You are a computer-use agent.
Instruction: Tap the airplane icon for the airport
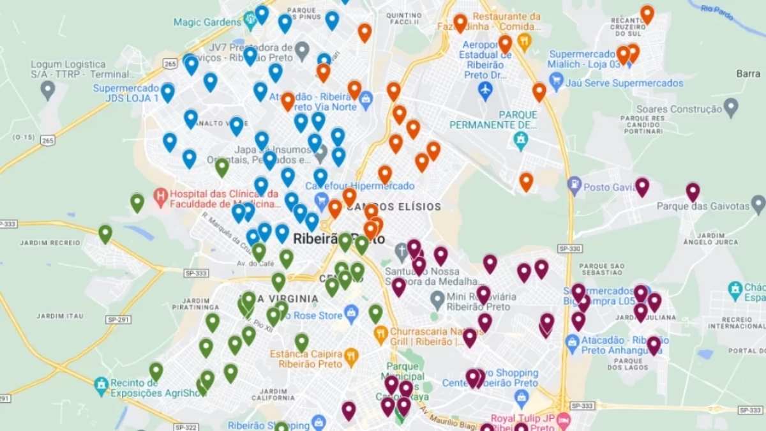point(485,90)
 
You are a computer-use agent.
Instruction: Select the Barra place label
point(747,73)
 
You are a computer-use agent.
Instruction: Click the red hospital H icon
point(160,193)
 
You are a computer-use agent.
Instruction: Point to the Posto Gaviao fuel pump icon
point(574,186)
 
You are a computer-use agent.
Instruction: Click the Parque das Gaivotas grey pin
point(758,204)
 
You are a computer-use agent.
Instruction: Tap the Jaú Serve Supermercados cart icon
point(557,82)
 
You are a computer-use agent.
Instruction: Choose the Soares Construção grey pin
point(731,107)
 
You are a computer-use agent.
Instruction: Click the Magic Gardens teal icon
point(250,22)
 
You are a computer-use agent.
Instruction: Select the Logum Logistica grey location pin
point(48,89)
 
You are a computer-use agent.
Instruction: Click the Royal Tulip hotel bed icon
point(563,420)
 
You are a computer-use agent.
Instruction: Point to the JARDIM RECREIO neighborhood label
point(50,243)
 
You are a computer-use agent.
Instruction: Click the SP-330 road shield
point(570,248)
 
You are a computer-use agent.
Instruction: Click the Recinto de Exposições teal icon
point(101,384)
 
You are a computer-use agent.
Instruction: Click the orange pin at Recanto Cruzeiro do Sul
point(647,13)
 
